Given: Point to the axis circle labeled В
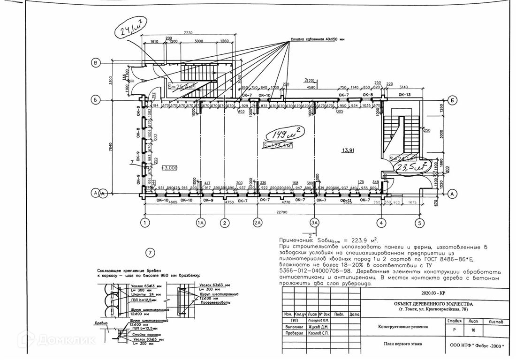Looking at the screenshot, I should [96, 63].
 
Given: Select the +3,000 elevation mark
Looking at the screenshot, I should [168, 167].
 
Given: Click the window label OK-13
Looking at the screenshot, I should [404, 95].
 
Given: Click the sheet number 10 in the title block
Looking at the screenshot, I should [473, 330].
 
